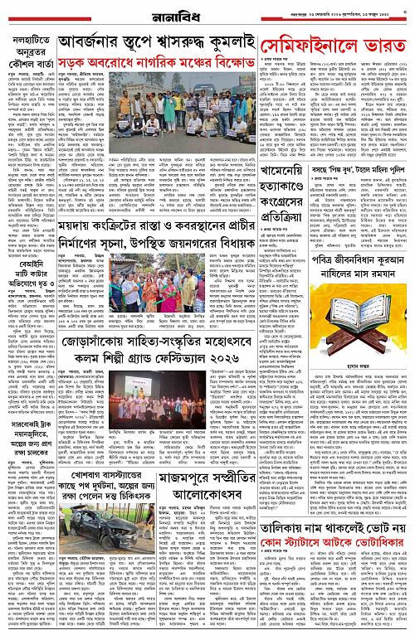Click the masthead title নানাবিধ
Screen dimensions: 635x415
coord(208,12)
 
